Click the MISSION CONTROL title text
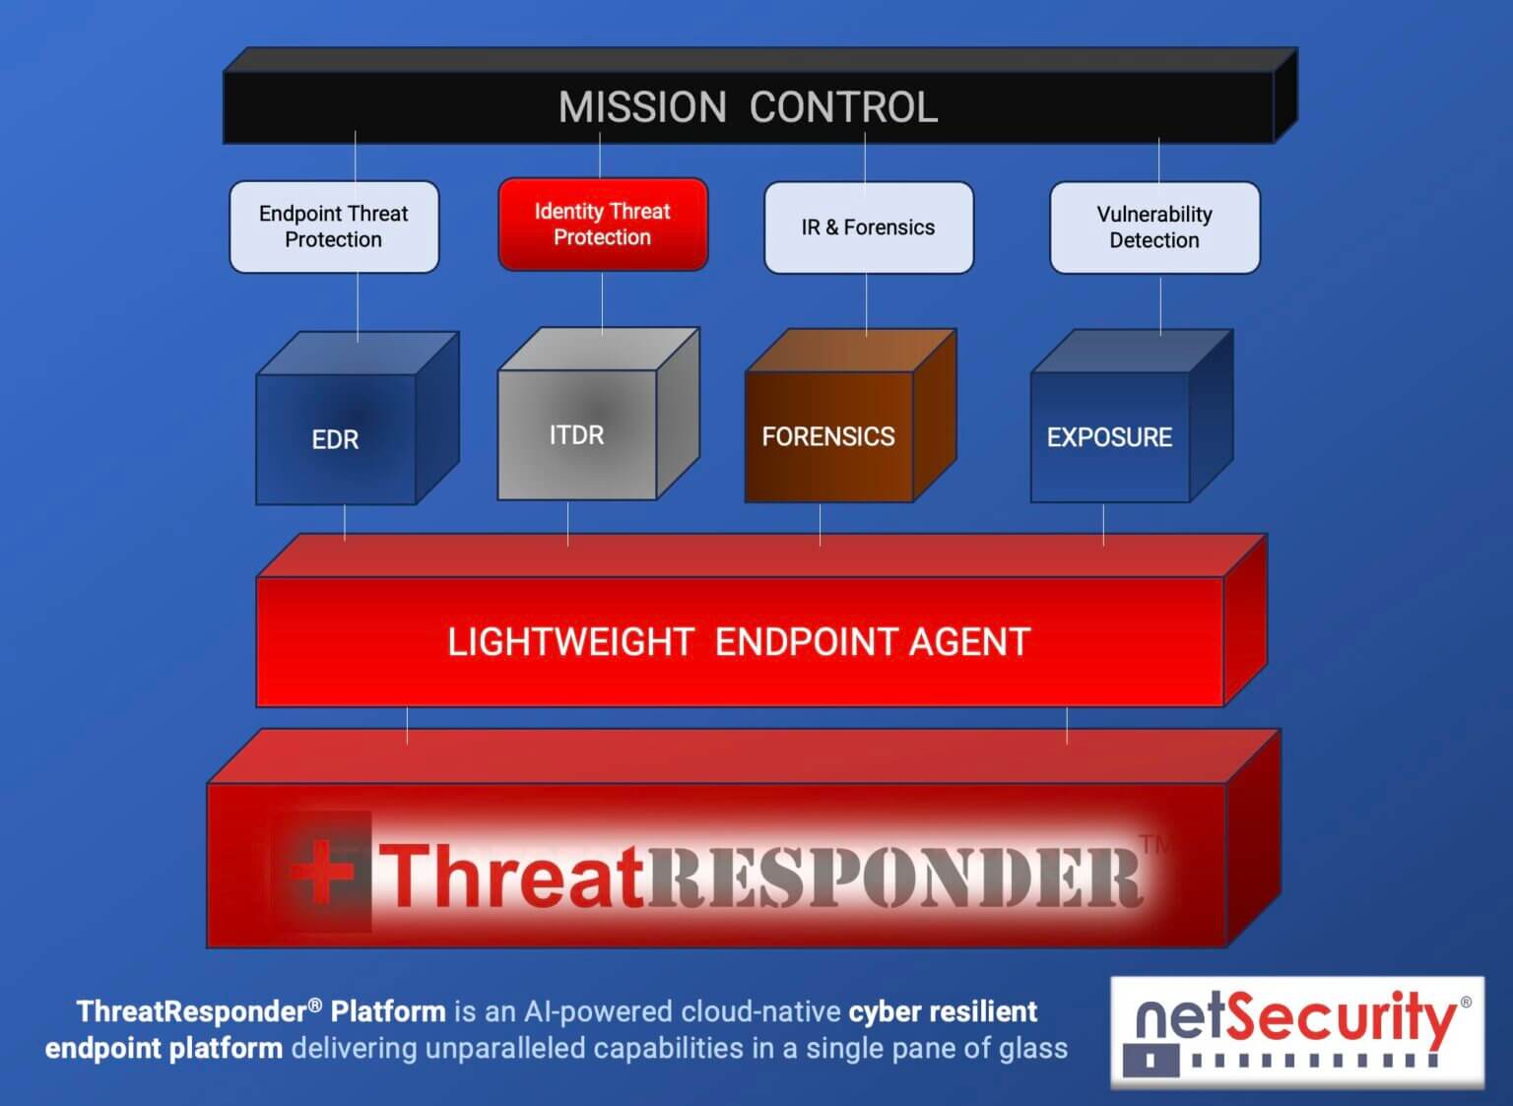point(748,107)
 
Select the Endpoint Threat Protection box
point(334,227)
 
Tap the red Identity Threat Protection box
point(603,225)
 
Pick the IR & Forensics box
point(868,228)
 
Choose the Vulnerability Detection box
point(1154,228)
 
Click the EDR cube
point(336,439)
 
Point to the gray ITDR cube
point(577,434)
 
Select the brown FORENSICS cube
point(828,436)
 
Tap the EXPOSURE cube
point(1109,437)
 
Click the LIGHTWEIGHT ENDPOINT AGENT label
point(739,642)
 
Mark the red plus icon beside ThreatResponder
point(321,872)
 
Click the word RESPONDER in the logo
point(893,877)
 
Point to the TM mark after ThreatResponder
point(1156,844)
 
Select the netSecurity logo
point(1297,1031)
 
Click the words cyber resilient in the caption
point(943,1011)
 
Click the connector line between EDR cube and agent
point(345,521)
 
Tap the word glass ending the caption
point(1033,1048)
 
